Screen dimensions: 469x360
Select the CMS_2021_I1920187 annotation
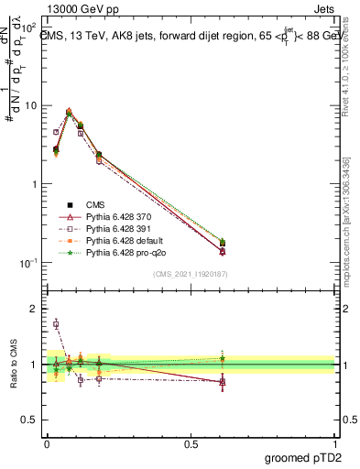(189, 273)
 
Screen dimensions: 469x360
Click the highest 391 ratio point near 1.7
(56, 324)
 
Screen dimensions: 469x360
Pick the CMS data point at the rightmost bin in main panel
(223, 244)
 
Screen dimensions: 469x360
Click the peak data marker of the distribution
(70, 113)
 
